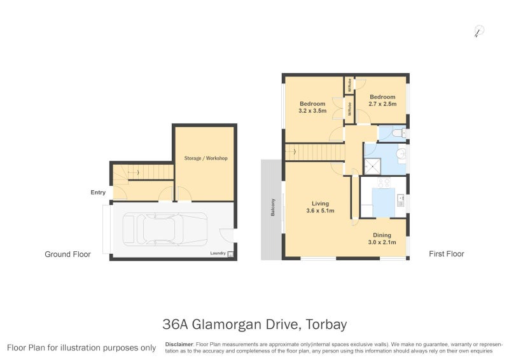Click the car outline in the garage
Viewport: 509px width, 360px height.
165,229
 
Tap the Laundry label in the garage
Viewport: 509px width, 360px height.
218,254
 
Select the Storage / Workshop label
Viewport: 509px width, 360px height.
206,158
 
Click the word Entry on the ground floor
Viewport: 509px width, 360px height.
98,192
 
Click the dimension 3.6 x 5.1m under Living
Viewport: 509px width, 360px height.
320,211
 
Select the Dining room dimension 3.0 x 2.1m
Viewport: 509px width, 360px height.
382,242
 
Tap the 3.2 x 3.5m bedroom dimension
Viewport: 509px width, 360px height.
312,111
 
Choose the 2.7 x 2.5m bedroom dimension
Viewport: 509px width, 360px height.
383,104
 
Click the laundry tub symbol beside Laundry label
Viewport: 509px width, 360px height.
230,254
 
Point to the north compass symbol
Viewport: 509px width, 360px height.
478,31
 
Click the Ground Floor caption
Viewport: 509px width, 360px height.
67,254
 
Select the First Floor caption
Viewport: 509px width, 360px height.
446,254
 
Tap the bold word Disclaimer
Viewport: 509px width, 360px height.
179,343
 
